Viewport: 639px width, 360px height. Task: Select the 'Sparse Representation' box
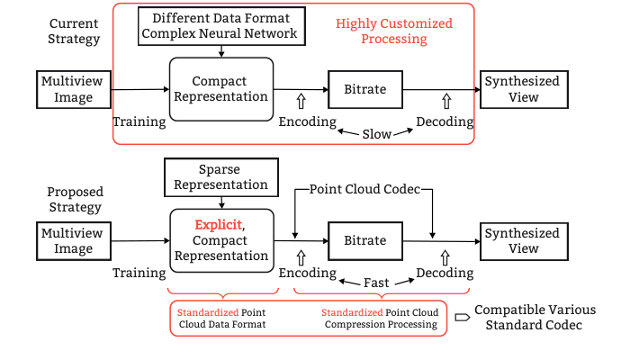[x=220, y=177]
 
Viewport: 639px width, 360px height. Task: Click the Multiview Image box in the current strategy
[x=73, y=89]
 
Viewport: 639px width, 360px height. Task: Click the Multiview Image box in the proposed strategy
[x=73, y=240]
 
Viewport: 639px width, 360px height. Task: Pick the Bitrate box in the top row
[x=364, y=89]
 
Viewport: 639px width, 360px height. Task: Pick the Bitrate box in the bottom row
[x=364, y=240]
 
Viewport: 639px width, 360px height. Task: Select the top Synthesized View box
[x=522, y=89]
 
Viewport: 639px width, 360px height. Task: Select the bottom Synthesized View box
[x=522, y=240]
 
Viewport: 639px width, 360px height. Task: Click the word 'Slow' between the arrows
[x=376, y=133]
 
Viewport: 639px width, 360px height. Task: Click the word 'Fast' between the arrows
[x=376, y=283]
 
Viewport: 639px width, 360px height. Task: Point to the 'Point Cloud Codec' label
[x=364, y=191]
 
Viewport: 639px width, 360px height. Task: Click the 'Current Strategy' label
[x=75, y=31]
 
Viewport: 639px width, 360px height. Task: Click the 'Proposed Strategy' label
[x=75, y=200]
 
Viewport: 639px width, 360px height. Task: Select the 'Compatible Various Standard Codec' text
[x=535, y=317]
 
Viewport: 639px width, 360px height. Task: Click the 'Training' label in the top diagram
[x=139, y=121]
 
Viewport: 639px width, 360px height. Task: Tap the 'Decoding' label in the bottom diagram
[x=445, y=273]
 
